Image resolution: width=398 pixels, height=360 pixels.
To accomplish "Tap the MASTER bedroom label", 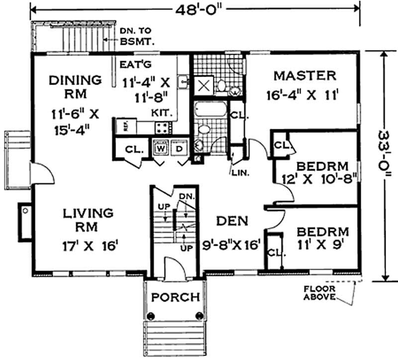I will tap(305, 76).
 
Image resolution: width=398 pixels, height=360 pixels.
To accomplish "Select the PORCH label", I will tap(176, 297).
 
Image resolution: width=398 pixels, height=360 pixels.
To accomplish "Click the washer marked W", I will tap(160, 148).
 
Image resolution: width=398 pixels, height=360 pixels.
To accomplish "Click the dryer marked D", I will tap(179, 148).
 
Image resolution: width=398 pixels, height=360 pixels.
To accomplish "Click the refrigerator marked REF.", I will tap(119, 127).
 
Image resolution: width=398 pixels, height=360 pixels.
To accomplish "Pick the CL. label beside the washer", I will tap(135, 148).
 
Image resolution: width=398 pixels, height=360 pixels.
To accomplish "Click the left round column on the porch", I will tap(152, 315).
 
